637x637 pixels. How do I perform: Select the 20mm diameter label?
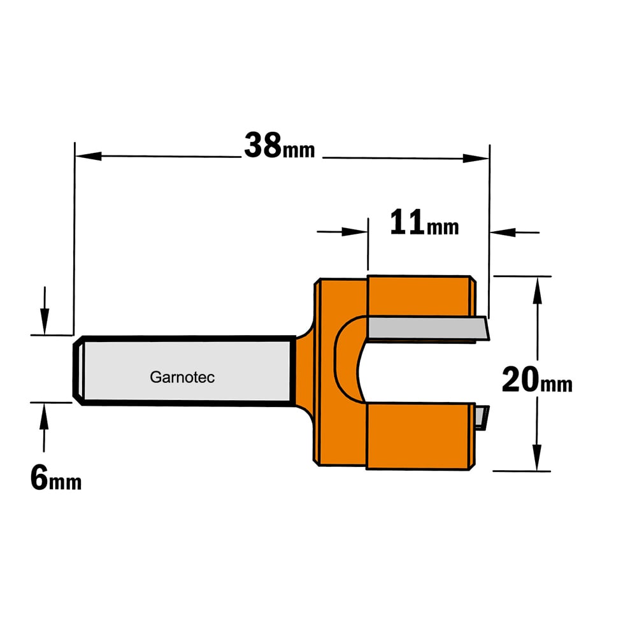coord(537,380)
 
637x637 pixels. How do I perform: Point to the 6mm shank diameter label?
coord(55,478)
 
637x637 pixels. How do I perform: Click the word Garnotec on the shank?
coord(182,377)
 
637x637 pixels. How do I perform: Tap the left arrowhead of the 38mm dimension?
coord(88,156)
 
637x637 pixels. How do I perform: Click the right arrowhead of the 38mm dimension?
coord(476,158)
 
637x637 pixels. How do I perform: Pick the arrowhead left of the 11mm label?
coord(355,232)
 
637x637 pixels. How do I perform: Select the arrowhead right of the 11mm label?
coord(503,233)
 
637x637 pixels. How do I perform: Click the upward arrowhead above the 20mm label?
coord(538,290)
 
